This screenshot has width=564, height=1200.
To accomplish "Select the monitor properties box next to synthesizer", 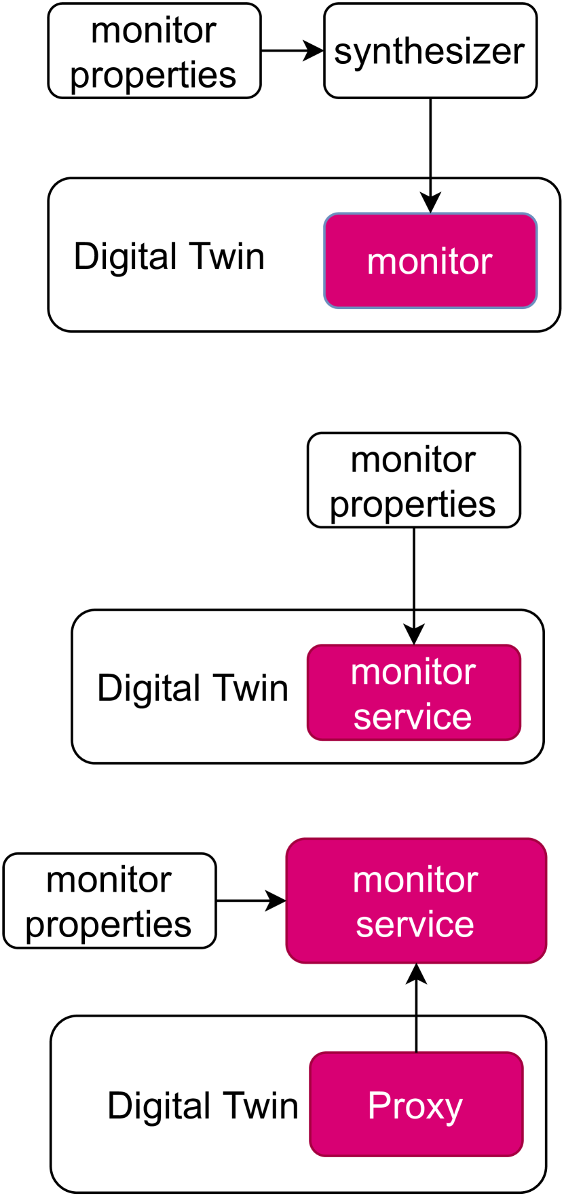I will coord(154,52).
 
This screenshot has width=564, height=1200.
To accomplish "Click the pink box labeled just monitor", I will coord(430,261).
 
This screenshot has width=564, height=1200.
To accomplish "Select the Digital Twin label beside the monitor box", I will coord(169,257).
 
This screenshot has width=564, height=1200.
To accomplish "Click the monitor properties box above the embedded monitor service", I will coord(413,481).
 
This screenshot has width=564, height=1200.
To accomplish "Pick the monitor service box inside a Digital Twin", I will coord(413,693).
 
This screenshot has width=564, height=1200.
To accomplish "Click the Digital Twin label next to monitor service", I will coord(193,688).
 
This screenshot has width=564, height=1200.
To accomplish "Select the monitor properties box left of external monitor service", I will coord(109,901).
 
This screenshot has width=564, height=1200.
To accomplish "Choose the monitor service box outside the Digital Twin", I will coord(416,901).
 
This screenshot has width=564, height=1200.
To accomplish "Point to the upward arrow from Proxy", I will coord(416,1012).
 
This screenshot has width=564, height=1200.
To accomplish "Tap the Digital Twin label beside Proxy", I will coord(203,1106).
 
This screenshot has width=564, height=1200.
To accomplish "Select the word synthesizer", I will coord(429,51).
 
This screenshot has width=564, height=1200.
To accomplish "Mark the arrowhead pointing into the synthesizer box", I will coord(314,51).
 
